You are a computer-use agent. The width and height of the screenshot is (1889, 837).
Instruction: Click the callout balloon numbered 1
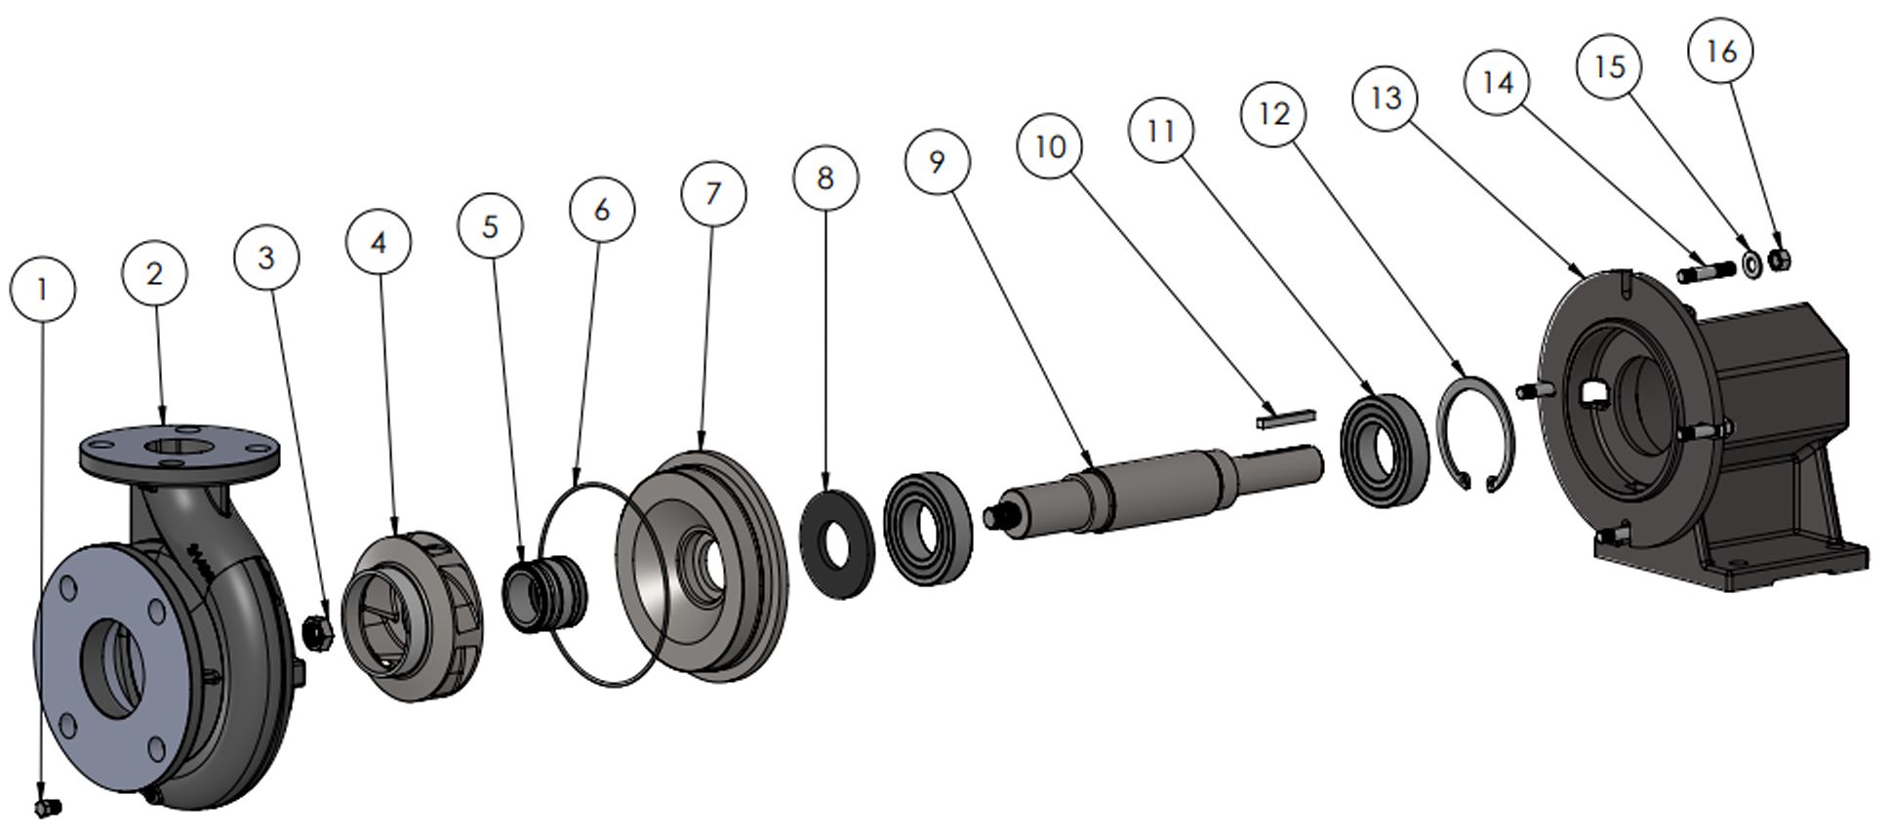42,289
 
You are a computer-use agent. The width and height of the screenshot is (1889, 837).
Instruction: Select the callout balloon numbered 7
713,193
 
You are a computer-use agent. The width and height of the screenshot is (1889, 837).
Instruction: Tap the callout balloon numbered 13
1386,98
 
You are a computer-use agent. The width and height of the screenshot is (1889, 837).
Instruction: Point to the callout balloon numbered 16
1721,52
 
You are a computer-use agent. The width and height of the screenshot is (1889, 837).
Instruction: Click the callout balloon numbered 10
1050,146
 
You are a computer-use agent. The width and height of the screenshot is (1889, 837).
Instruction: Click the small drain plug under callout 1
47,807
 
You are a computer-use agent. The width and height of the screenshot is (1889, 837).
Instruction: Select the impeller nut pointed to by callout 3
318,632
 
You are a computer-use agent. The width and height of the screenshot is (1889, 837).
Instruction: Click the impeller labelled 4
415,615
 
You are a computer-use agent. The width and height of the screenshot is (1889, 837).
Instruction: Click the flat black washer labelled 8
836,545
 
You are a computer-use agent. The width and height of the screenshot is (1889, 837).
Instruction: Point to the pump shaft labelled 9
1151,488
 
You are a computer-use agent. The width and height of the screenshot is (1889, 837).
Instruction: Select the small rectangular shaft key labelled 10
1285,417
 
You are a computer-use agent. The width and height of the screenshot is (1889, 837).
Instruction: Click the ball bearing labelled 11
1384,450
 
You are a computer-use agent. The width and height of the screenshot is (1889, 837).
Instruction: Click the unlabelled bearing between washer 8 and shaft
928,528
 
